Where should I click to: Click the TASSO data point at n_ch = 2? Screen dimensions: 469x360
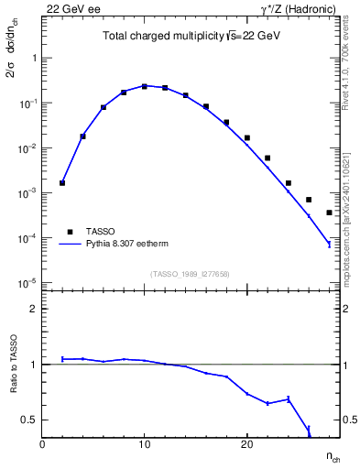click(62, 182)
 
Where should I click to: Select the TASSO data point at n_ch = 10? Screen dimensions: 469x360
click(145, 86)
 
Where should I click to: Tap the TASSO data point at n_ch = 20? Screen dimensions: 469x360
click(247, 137)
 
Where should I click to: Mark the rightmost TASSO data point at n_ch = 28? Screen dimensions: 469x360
click(329, 213)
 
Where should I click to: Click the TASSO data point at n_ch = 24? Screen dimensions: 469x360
click(288, 183)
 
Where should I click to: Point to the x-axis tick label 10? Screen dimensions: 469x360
click(145, 444)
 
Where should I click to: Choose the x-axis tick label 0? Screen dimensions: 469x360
click(42, 444)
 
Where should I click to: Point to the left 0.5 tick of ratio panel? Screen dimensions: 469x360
click(29, 420)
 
